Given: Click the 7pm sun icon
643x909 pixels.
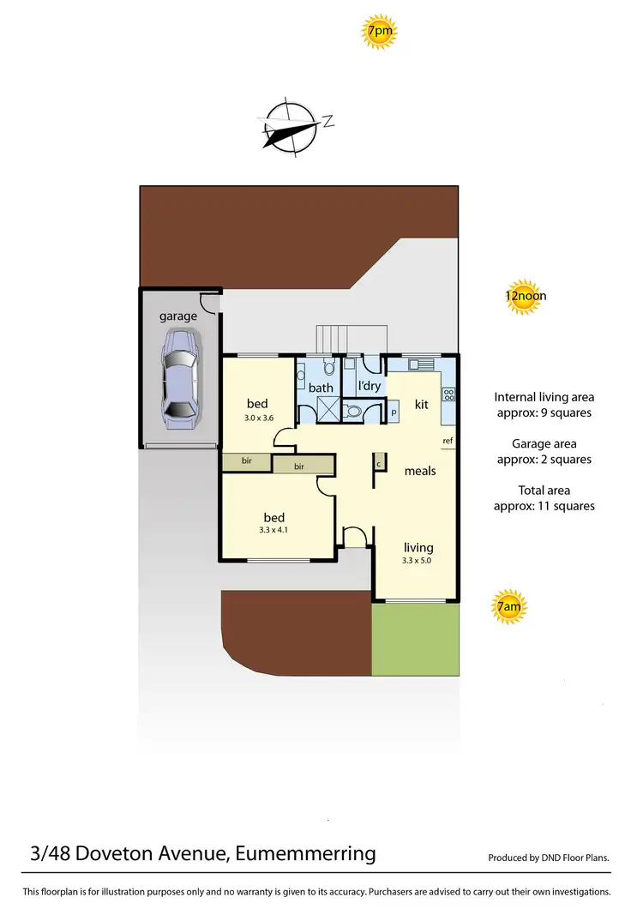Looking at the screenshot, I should pyautogui.click(x=379, y=33).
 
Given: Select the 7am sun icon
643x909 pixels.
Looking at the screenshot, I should pyautogui.click(x=508, y=608).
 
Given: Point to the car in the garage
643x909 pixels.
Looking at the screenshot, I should pyautogui.click(x=179, y=379).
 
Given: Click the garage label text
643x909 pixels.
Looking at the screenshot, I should pyautogui.click(x=178, y=316).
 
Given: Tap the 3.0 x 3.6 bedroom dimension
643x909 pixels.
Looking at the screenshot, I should pyautogui.click(x=258, y=419).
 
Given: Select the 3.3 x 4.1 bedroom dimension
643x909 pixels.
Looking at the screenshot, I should pyautogui.click(x=274, y=531).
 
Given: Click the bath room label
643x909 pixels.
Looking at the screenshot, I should pyautogui.click(x=321, y=388).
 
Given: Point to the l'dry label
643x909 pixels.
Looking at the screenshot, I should pyautogui.click(x=369, y=387).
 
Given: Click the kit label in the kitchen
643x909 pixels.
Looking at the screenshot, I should pyautogui.click(x=422, y=404).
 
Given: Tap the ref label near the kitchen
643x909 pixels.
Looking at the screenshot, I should pyautogui.click(x=447, y=442).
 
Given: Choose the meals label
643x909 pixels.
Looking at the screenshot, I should pyautogui.click(x=420, y=471).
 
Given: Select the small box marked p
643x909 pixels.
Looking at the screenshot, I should pyautogui.click(x=394, y=412).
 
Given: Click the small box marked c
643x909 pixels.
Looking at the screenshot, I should pyautogui.click(x=378, y=464).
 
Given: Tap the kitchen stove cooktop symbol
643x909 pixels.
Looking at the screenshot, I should pyautogui.click(x=448, y=394).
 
